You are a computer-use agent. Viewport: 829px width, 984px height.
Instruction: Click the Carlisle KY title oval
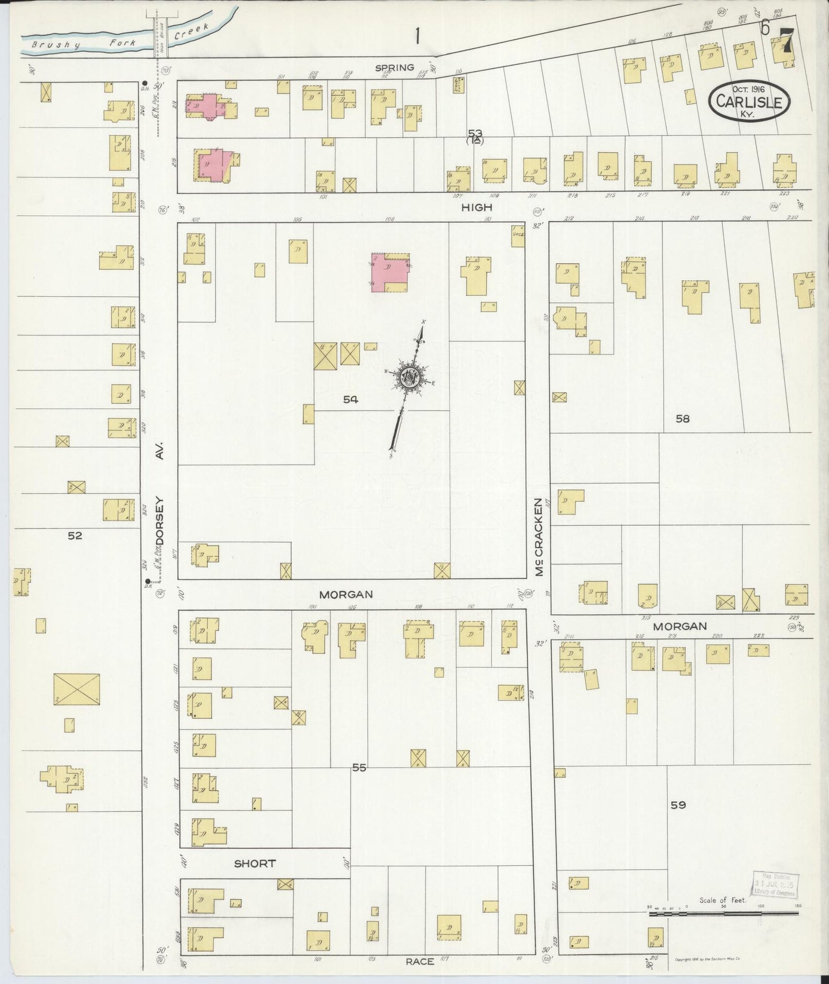click(x=749, y=100)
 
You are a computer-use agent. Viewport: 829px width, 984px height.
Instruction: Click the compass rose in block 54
click(x=410, y=378)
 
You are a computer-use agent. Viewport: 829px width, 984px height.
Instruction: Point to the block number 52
click(x=75, y=536)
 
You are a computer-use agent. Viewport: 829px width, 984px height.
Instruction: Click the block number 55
click(x=359, y=767)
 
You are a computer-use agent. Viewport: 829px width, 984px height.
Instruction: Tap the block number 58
click(x=682, y=419)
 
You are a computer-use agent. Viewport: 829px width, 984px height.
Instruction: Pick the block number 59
click(x=678, y=805)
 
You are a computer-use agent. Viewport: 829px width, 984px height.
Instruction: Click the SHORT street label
click(x=255, y=863)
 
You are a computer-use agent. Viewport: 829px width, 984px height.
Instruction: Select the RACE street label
click(x=419, y=961)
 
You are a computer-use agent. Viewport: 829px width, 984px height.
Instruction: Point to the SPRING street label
click(x=394, y=68)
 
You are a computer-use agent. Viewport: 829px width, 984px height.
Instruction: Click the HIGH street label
click(x=477, y=207)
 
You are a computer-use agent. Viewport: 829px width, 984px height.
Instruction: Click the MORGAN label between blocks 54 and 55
click(x=346, y=594)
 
